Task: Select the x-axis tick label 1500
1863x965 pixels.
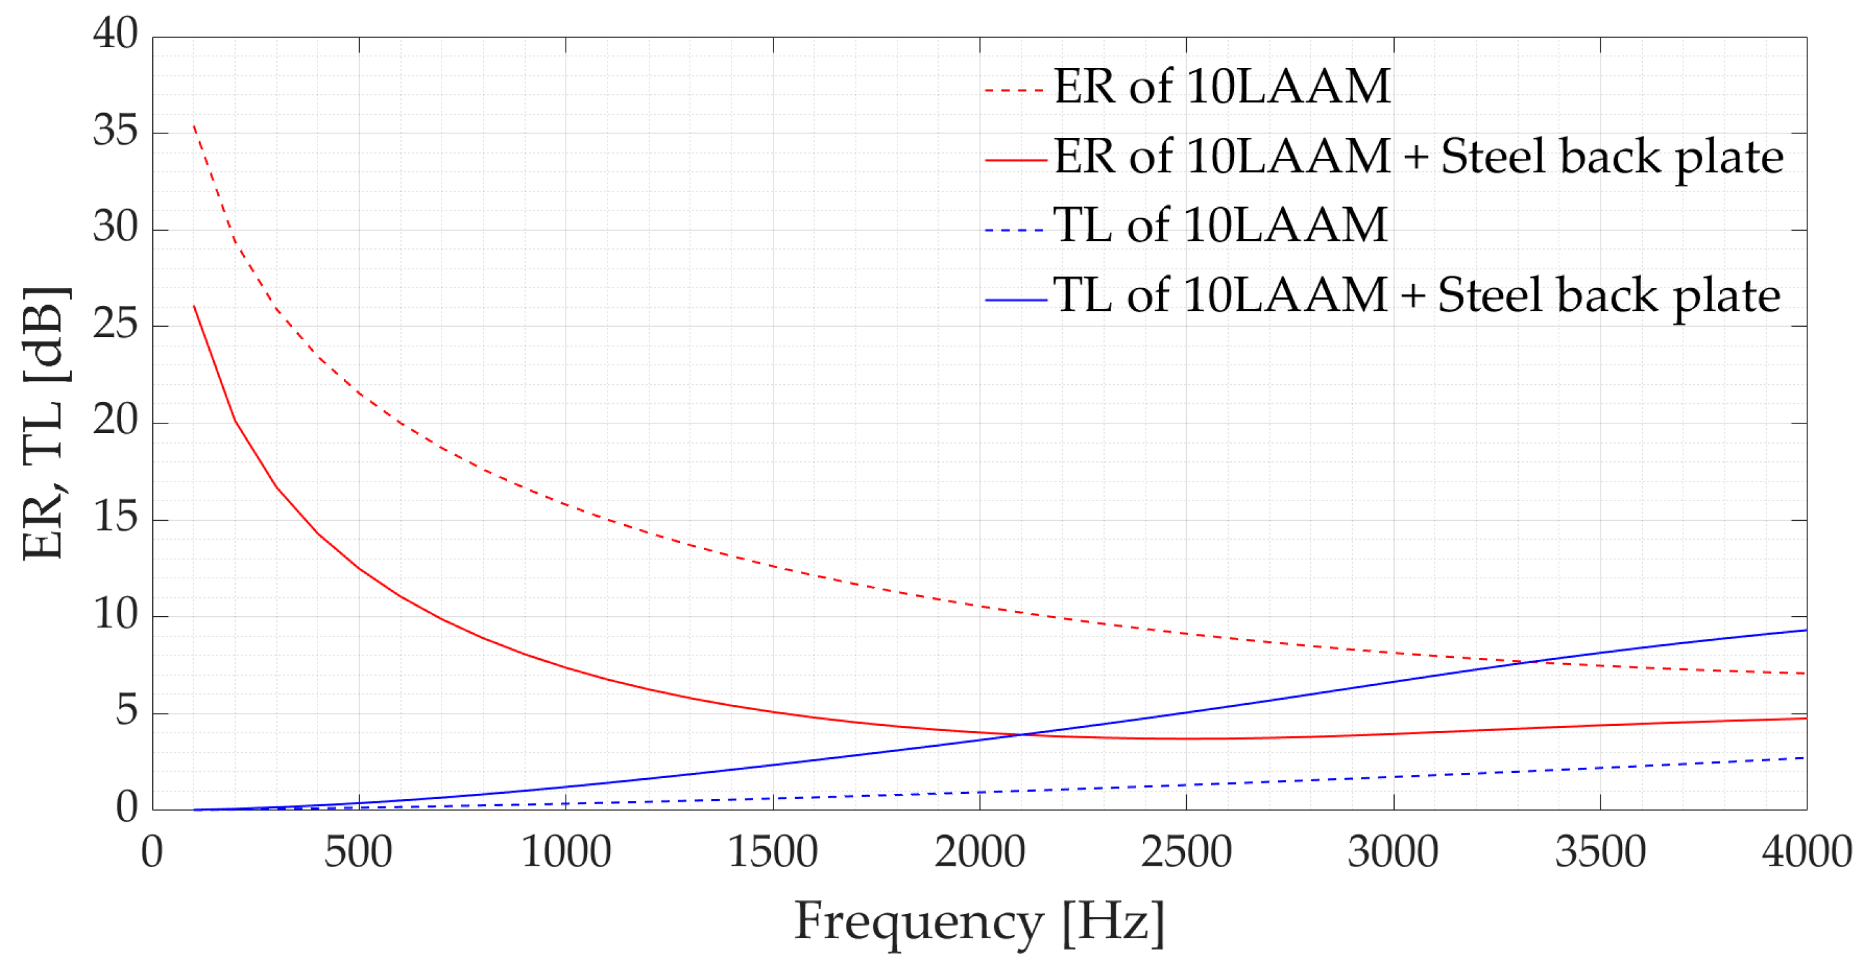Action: tap(772, 852)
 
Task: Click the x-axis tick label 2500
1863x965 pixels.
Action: tap(1186, 852)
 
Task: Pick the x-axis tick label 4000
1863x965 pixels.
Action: tap(1806, 852)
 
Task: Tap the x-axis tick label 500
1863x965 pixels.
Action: tap(358, 852)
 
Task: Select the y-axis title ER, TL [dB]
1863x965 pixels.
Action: tap(45, 423)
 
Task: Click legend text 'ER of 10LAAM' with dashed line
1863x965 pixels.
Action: tap(1222, 87)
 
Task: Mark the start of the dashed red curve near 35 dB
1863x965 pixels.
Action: tap(194, 126)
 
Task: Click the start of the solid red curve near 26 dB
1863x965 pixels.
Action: tap(194, 306)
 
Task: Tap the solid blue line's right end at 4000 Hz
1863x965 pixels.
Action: tap(1805, 630)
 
